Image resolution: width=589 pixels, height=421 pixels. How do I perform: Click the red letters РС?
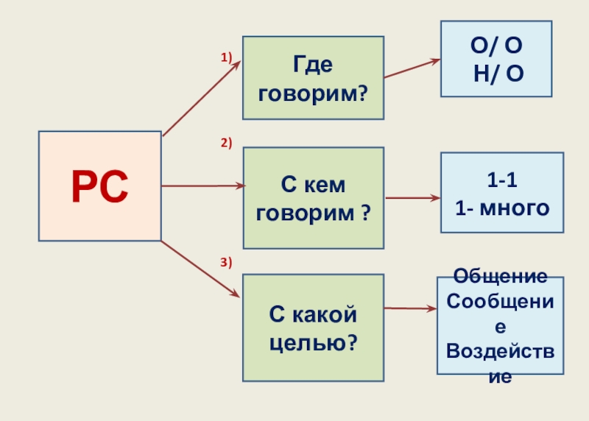(x=99, y=186)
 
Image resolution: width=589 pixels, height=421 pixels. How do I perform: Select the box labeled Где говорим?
(x=313, y=78)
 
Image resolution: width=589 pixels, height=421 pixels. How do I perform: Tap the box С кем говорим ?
(x=313, y=198)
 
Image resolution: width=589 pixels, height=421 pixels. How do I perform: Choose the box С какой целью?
(x=313, y=328)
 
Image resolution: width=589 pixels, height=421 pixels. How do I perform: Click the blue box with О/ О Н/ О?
(x=495, y=59)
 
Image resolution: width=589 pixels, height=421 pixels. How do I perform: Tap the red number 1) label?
(x=227, y=57)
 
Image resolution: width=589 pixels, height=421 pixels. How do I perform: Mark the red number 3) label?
(x=227, y=262)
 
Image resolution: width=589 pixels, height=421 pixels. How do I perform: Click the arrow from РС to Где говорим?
(x=200, y=99)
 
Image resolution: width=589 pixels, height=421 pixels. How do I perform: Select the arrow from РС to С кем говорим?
(x=202, y=186)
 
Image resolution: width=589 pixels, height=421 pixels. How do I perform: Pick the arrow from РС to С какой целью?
(x=200, y=269)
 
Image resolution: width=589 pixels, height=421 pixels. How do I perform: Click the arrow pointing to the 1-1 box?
(x=412, y=198)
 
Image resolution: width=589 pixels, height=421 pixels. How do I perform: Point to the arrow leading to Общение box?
(x=410, y=308)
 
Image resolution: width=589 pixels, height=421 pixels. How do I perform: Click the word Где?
(x=313, y=65)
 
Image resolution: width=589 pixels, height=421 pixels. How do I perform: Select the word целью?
(x=313, y=342)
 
